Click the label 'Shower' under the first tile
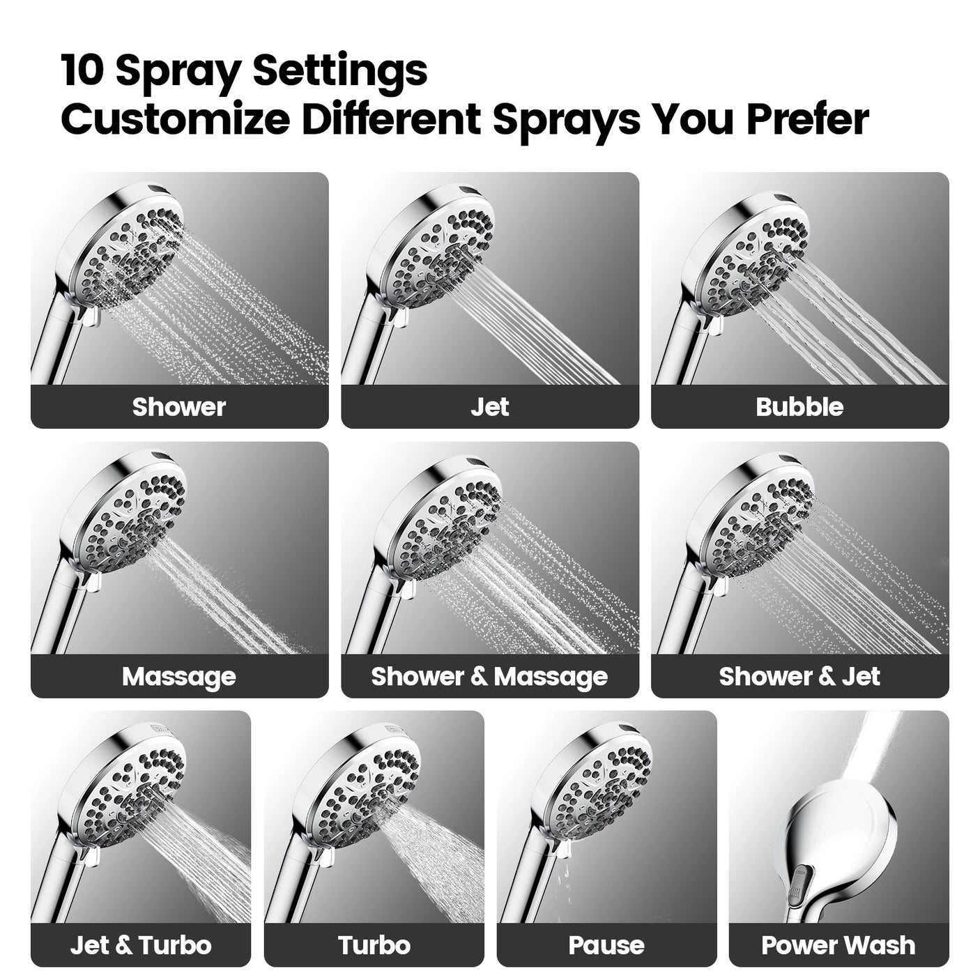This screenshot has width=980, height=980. click(x=179, y=407)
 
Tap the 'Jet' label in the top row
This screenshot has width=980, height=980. click(x=489, y=407)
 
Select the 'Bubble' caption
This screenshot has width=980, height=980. click(x=799, y=407)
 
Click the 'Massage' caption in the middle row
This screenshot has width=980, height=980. click(x=179, y=676)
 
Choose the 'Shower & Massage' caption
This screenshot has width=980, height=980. click(x=489, y=676)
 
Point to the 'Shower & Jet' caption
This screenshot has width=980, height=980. click(x=799, y=676)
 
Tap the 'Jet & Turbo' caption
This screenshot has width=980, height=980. click(x=141, y=945)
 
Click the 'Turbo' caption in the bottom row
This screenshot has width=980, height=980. click(x=374, y=945)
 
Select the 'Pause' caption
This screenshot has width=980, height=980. click(x=606, y=945)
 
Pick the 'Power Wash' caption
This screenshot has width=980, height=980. click(x=839, y=945)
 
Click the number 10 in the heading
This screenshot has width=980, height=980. click(x=82, y=70)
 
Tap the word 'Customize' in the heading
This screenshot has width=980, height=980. click(x=174, y=119)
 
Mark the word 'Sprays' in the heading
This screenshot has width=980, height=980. click(x=566, y=119)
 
